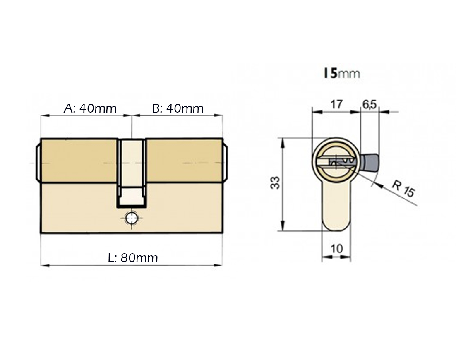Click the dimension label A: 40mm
point(90,108)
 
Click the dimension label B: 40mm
point(178,108)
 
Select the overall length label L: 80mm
point(133,258)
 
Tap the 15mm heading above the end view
point(342,73)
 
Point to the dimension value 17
point(336,104)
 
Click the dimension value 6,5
point(370,104)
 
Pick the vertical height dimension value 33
point(275,182)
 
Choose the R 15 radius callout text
point(403,189)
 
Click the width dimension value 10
point(336,248)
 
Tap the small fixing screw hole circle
point(131,218)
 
